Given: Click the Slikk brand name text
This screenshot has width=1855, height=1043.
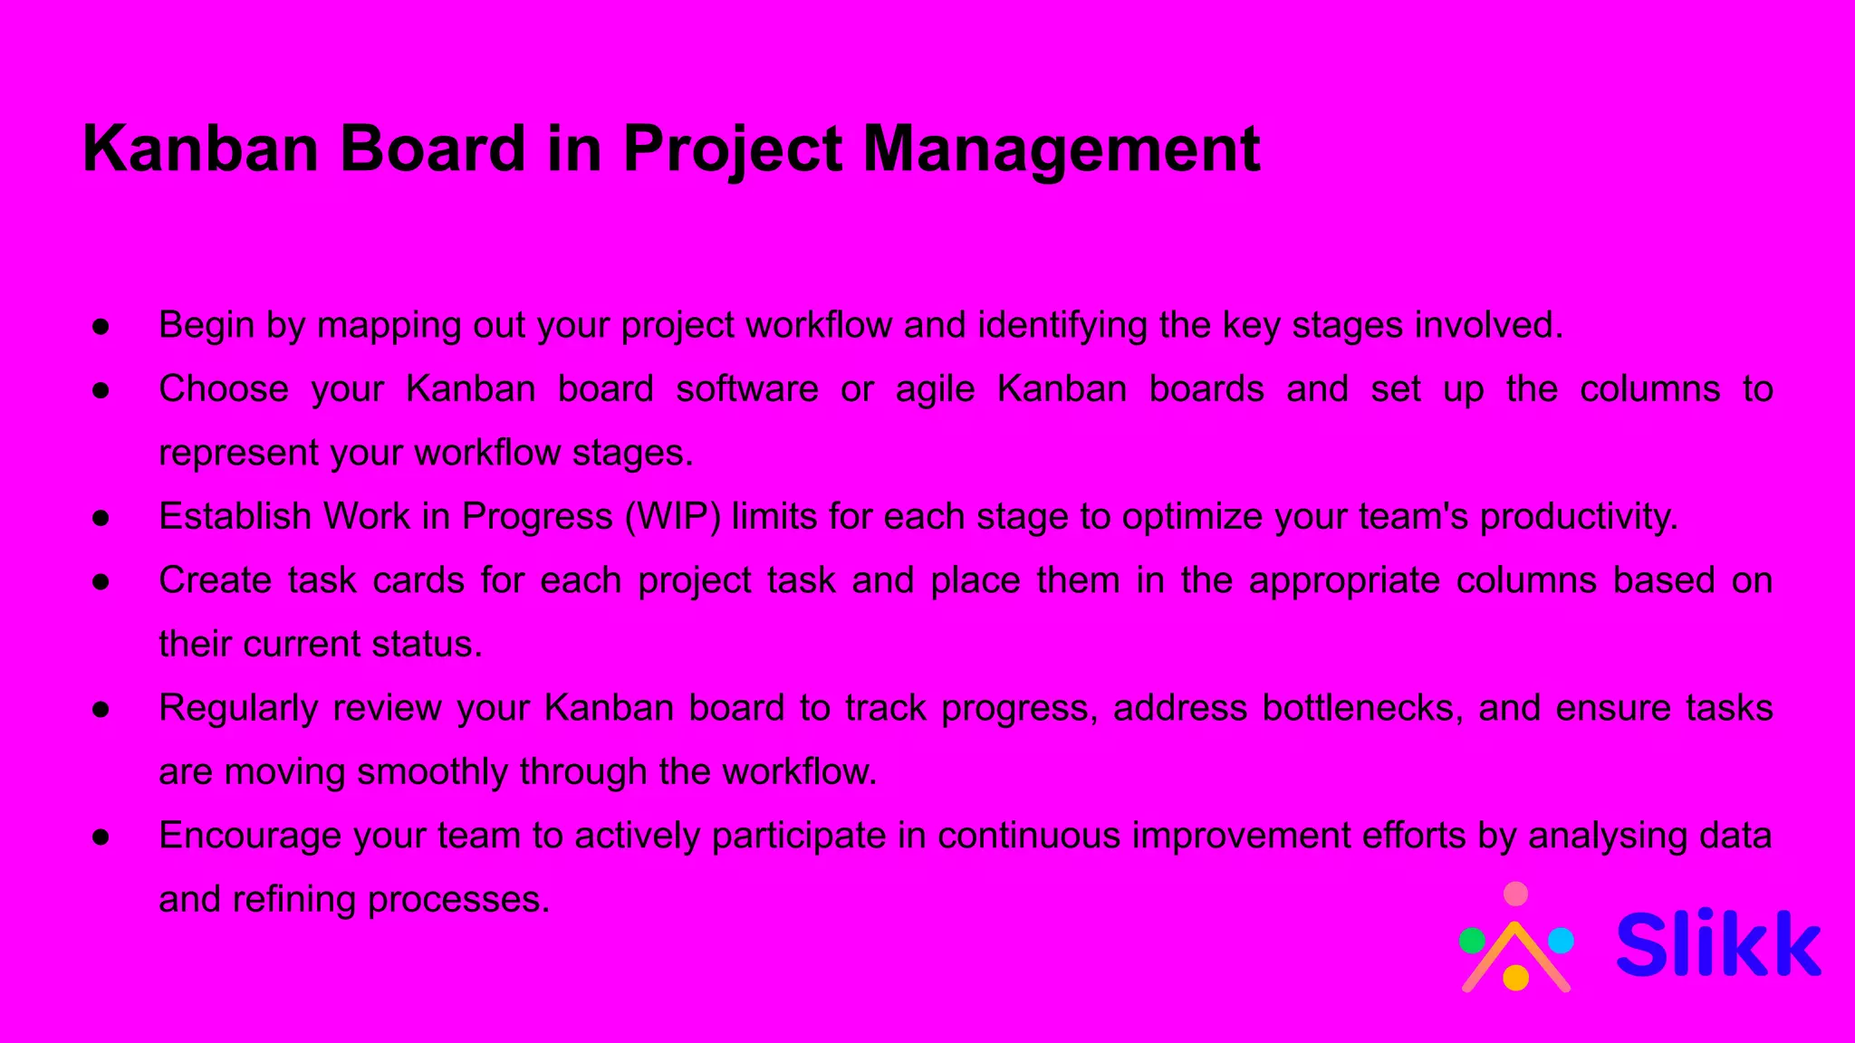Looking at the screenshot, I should [x=1718, y=944].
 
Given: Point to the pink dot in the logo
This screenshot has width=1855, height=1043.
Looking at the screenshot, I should [x=1515, y=895].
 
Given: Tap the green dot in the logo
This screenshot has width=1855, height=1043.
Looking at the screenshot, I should [x=1473, y=942].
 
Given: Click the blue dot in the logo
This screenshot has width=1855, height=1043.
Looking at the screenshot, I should [x=1561, y=942].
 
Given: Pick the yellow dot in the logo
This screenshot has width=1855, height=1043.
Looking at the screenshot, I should [x=1515, y=978].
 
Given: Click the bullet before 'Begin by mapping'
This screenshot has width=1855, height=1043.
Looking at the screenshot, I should [x=101, y=326].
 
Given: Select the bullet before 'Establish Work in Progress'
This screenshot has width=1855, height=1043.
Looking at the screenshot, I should [x=101, y=517].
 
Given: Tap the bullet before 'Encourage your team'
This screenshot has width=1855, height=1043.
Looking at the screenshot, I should [x=101, y=837].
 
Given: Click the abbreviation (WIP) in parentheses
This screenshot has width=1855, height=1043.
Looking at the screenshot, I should [x=673, y=517].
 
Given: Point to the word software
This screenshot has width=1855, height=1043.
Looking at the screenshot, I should [x=747, y=389].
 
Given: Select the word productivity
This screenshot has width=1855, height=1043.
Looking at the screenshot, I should [x=1579, y=517].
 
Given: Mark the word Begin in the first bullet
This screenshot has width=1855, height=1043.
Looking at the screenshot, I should [x=207, y=326].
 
